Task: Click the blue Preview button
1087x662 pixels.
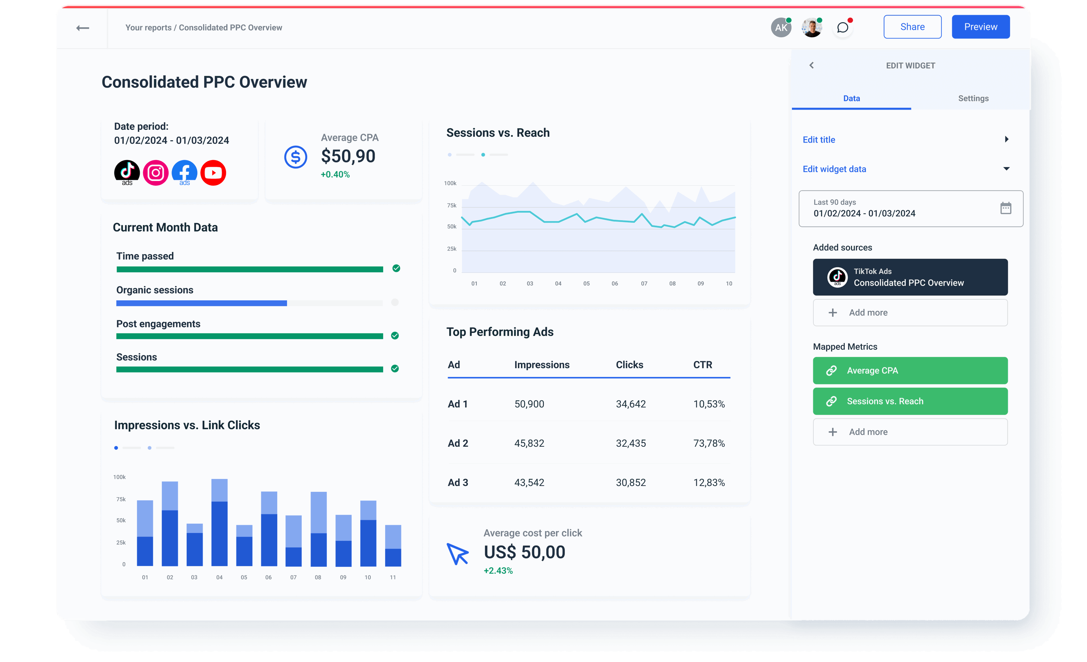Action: (x=980, y=27)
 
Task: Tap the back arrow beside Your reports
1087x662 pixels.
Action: (x=82, y=28)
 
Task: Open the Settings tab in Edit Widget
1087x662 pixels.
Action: (x=973, y=98)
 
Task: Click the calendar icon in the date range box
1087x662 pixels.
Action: (x=1005, y=208)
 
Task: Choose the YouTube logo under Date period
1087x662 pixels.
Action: (x=213, y=172)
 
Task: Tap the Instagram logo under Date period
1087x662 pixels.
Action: (x=155, y=172)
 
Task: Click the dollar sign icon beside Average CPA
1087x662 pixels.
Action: (x=295, y=157)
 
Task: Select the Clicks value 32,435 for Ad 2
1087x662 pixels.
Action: (x=630, y=443)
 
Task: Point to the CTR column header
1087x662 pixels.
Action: (x=702, y=365)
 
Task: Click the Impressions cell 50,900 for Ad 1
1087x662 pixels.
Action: (x=529, y=404)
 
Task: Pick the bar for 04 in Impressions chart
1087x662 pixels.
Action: (x=219, y=523)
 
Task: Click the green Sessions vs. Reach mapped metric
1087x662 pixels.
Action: (x=910, y=401)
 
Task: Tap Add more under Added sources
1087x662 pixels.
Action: (x=910, y=312)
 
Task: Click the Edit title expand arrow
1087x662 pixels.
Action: (x=1006, y=139)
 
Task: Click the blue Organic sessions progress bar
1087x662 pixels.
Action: (x=201, y=303)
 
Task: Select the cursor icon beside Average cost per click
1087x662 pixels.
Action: (x=457, y=554)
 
